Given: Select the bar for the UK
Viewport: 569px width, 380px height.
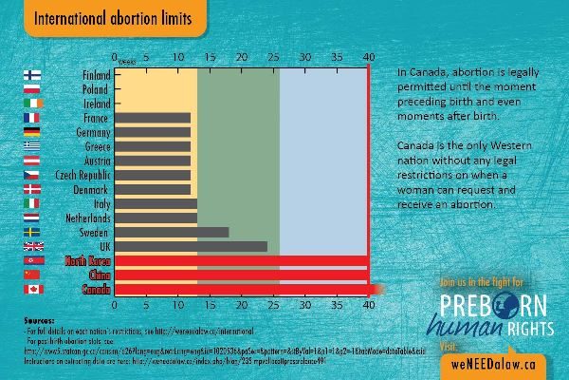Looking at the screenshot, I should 190,246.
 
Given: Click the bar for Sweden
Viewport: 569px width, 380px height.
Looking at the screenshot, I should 171,232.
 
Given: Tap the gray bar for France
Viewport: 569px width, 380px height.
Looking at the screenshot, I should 151,118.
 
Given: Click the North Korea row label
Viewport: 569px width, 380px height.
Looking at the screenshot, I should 84,260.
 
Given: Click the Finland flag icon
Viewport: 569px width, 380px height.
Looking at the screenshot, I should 30,75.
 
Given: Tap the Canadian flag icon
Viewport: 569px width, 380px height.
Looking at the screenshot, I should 30,289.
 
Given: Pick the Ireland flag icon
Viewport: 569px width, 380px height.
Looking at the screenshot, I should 30,104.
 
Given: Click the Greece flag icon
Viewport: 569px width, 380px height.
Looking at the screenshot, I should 30,146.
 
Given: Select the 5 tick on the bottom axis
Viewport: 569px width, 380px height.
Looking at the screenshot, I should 145,306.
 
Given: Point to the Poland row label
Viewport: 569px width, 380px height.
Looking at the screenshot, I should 94,89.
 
